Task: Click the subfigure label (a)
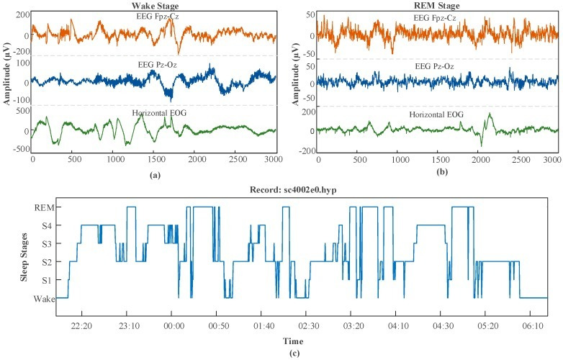[154, 175]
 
